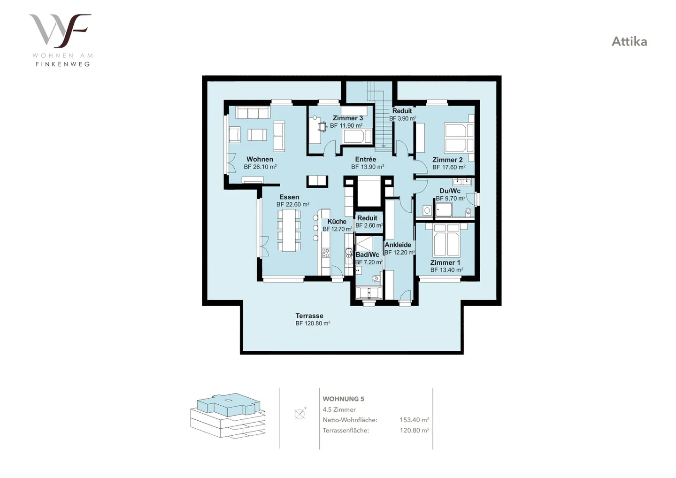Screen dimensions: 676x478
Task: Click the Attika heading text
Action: click(629, 42)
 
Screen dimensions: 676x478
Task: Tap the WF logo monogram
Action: click(60, 31)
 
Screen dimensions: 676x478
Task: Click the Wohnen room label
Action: click(260, 159)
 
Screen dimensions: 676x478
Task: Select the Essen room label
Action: click(289, 197)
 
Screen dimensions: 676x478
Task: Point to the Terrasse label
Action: click(309, 316)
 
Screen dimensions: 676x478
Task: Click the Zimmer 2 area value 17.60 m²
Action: click(449, 167)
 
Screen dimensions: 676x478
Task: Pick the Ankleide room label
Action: click(398, 245)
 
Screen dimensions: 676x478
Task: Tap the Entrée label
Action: click(365, 159)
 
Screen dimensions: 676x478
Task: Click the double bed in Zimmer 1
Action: click(446, 240)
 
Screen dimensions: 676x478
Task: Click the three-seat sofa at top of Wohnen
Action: click(253, 113)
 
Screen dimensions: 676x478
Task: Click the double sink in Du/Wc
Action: click(462, 182)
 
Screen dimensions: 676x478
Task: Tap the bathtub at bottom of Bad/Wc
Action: click(369, 293)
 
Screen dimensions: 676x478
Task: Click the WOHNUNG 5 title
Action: click(344, 399)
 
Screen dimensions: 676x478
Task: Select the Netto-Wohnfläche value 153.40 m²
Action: click(415, 420)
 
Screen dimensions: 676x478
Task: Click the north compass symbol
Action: click(300, 413)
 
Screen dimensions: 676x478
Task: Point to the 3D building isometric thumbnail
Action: click(228, 415)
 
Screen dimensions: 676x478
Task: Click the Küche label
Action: click(337, 222)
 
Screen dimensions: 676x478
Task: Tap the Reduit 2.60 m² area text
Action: click(369, 225)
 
